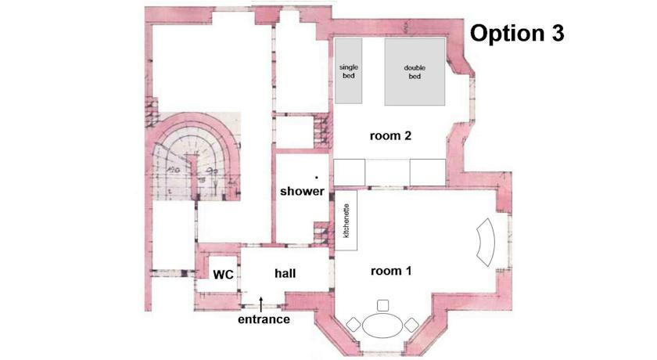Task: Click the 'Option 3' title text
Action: point(517,33)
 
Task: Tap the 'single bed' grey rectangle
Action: point(349,71)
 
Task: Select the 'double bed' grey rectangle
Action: point(415,72)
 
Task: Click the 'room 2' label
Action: point(390,136)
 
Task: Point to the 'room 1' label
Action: point(391,271)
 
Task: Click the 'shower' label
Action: point(302,191)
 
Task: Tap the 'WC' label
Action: point(224,275)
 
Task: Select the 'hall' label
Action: point(285,273)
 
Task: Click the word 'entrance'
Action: point(264,319)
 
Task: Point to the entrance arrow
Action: point(260,304)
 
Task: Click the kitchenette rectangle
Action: point(346,221)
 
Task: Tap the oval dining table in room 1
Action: point(382,326)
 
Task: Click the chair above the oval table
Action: point(382,305)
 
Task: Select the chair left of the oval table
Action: point(354,325)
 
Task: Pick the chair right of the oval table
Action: point(411,325)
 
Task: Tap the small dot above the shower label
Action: point(316,178)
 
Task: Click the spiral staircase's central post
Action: point(192,176)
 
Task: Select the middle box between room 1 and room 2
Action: point(388,172)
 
